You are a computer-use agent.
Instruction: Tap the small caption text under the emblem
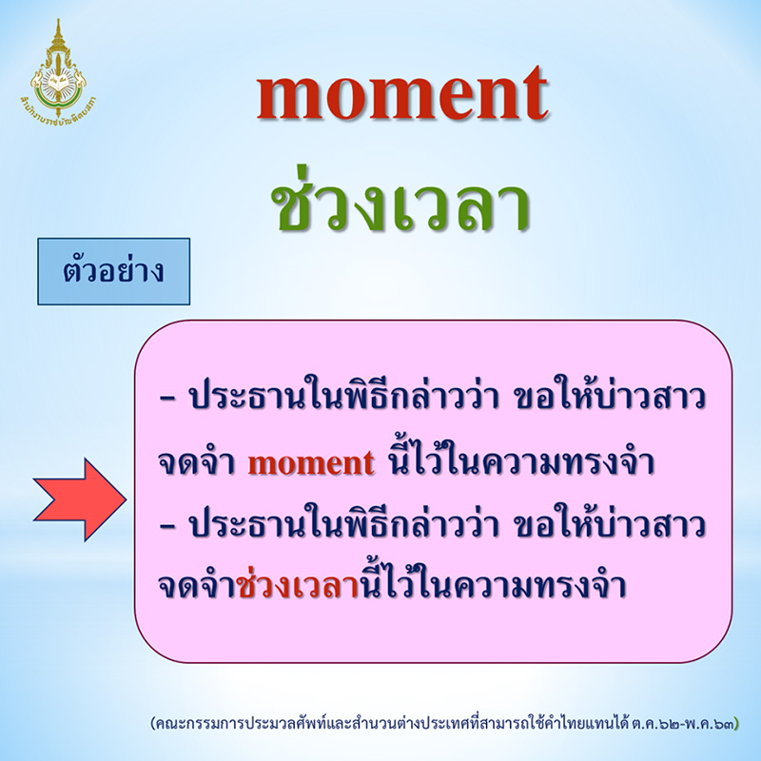[63, 102]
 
